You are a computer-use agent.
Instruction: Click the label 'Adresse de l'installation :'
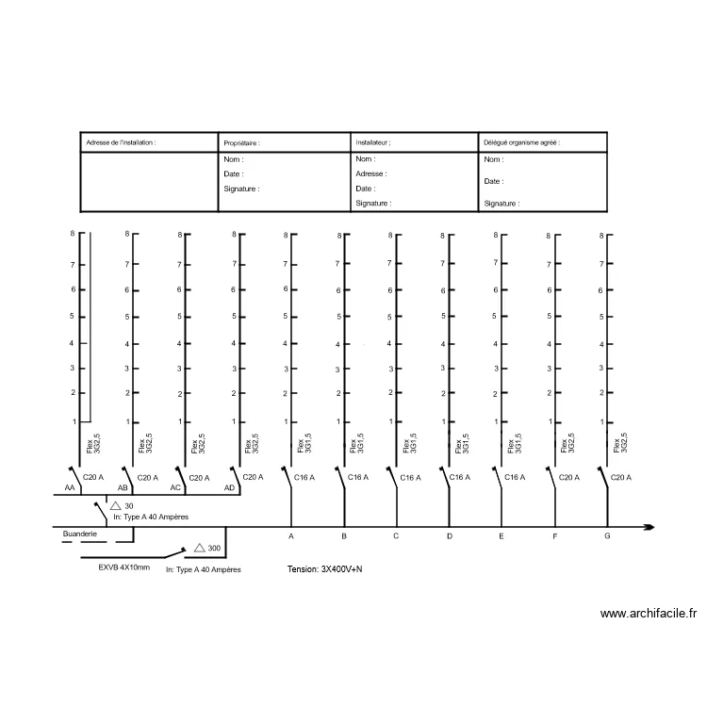point(121,142)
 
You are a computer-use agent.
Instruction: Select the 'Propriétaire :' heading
point(241,143)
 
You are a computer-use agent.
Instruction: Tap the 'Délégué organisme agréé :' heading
point(521,142)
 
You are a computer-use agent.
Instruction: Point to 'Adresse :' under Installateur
point(371,173)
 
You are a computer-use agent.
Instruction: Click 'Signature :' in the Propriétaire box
point(241,189)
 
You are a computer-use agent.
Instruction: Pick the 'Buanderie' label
point(80,534)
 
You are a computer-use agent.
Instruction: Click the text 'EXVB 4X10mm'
point(124,567)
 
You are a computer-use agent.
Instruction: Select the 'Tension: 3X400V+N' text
point(324,569)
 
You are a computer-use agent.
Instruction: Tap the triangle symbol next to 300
point(200,548)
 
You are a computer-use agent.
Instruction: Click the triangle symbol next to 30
point(115,505)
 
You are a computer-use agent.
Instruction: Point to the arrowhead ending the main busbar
point(649,527)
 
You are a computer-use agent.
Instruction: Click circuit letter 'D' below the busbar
point(450,536)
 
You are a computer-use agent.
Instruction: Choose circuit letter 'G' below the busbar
point(607,536)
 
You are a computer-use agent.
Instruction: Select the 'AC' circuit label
point(175,488)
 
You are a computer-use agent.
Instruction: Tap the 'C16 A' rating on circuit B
point(358,477)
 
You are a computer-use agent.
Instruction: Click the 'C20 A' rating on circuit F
point(569,478)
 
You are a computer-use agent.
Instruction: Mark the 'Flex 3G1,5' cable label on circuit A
point(304,444)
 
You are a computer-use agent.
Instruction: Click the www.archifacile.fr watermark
point(649,614)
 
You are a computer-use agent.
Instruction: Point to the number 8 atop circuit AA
point(73,234)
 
